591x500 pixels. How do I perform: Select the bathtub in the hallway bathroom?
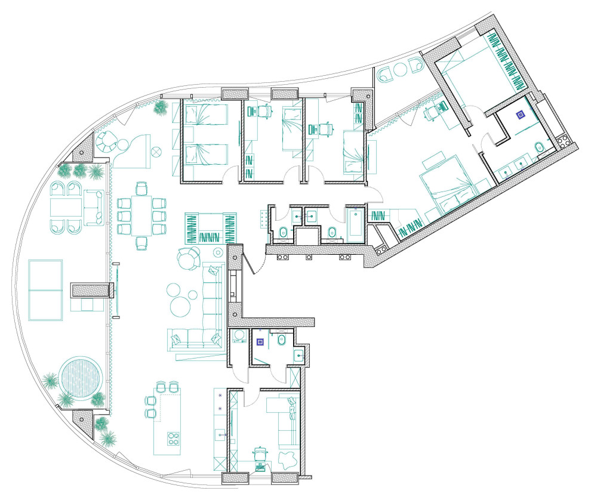356,224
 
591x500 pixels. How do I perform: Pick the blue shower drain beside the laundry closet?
260,342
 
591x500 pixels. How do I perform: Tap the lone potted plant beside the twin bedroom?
161,107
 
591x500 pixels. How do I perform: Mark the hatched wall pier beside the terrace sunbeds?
91,291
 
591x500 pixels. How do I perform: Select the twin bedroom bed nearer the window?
204,114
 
